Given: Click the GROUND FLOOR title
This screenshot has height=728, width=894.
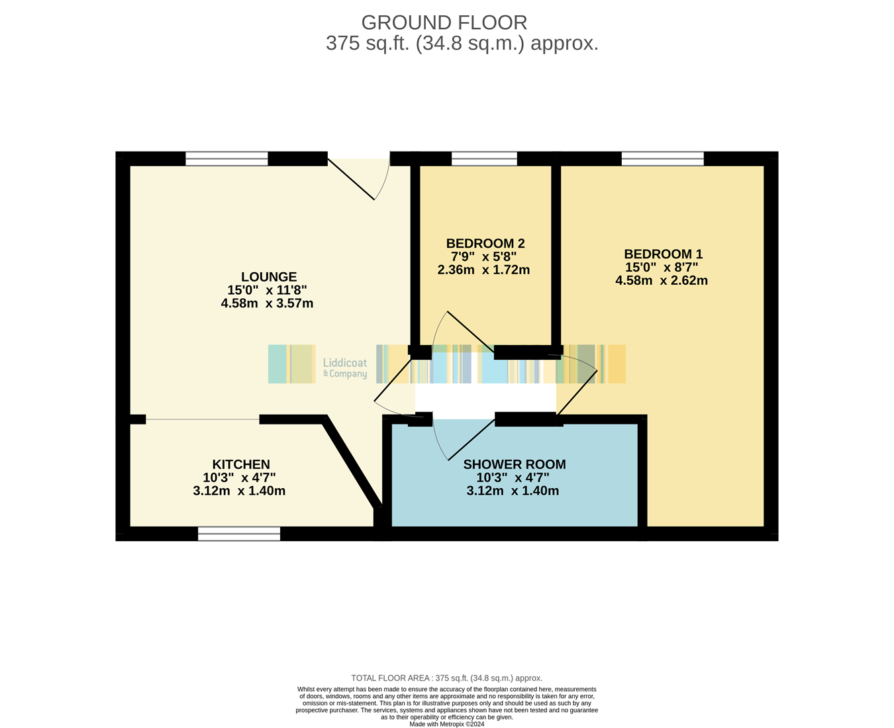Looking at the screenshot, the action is pyautogui.click(x=444, y=23).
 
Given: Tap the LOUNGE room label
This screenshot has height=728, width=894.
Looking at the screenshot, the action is pyautogui.click(x=269, y=277).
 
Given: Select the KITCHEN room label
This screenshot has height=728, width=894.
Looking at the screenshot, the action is pyautogui.click(x=241, y=464).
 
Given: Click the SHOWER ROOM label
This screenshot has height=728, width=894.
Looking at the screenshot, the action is pyautogui.click(x=514, y=464).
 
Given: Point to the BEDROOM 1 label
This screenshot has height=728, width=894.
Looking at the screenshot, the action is pyautogui.click(x=663, y=254).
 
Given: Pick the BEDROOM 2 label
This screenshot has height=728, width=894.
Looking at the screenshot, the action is pyautogui.click(x=485, y=244).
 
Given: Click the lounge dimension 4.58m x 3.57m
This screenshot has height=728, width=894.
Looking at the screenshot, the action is pyautogui.click(x=267, y=303).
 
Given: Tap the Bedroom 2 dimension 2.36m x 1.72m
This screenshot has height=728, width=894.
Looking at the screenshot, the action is pyautogui.click(x=483, y=270).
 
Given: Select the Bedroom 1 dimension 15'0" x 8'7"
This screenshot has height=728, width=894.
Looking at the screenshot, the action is pyautogui.click(x=662, y=267).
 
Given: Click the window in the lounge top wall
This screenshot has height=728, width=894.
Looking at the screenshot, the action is pyautogui.click(x=226, y=159).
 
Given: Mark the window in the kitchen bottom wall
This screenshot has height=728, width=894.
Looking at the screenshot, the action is pyautogui.click(x=239, y=534).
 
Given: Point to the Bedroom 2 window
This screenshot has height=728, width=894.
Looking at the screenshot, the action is pyautogui.click(x=484, y=159).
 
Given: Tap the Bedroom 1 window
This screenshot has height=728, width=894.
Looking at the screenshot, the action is pyautogui.click(x=663, y=159).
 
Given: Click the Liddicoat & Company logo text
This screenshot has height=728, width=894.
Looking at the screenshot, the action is pyautogui.click(x=345, y=368).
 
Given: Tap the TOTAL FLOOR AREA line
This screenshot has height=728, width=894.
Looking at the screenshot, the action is pyautogui.click(x=446, y=678).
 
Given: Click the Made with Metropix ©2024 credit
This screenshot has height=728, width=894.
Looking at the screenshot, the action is pyautogui.click(x=446, y=724).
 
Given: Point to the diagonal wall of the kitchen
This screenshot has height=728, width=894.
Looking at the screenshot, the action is pyautogui.click(x=352, y=460).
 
